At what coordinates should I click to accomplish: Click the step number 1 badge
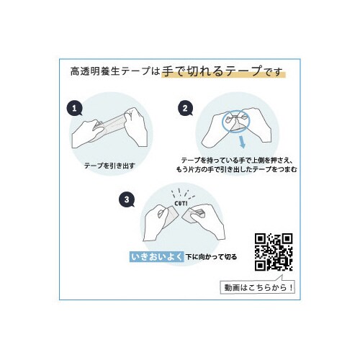pyautogui.click(x=74, y=109)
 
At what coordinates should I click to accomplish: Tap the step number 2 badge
pyautogui.click(x=185, y=109)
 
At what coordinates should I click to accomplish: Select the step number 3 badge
pyautogui.click(x=127, y=199)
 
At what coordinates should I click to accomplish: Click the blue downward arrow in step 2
pyautogui.click(x=242, y=142)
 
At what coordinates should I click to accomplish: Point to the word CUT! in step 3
pyautogui.click(x=181, y=204)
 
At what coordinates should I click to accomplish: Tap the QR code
pyautogui.click(x=274, y=252)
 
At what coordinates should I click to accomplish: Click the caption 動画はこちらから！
pyautogui.click(x=258, y=287)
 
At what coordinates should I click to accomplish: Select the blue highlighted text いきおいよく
pyautogui.click(x=157, y=257)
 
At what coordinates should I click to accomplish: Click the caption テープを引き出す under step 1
pyautogui.click(x=109, y=166)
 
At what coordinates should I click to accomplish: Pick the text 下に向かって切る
pyautogui.click(x=212, y=257)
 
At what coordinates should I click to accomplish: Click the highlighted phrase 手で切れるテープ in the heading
pyautogui.click(x=212, y=71)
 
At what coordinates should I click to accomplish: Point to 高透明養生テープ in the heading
pyautogui.click(x=111, y=71)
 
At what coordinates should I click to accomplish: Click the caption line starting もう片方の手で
pyautogui.click(x=237, y=169)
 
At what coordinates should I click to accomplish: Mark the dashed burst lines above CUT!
pyautogui.click(x=182, y=194)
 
